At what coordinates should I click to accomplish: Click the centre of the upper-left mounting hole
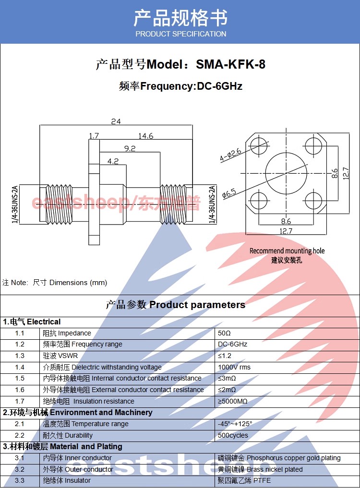click(x=259, y=145)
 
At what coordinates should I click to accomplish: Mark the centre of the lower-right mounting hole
click(x=313, y=200)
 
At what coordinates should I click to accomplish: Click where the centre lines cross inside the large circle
click(x=286, y=173)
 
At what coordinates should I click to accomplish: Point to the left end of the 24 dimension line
click(x=40, y=125)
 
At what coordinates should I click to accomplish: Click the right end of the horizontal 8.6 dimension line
click(x=313, y=225)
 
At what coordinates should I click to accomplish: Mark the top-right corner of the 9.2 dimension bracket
click(x=160, y=152)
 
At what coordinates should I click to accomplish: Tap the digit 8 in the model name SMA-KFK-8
click(x=262, y=64)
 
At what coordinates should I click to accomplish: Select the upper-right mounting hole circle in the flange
click(x=313, y=145)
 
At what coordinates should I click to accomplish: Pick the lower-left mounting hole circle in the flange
click(x=259, y=200)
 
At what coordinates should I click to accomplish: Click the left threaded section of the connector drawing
click(x=59, y=204)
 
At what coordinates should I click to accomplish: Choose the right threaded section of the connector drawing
click(x=172, y=204)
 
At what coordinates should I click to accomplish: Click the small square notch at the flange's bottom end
click(x=94, y=239)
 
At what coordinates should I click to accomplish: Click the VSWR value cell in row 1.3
click(x=225, y=356)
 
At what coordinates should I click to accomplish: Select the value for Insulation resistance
click(x=232, y=401)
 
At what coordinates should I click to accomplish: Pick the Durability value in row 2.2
click(x=233, y=435)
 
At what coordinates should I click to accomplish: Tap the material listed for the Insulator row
click(x=244, y=480)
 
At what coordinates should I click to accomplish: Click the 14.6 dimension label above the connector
click(x=146, y=136)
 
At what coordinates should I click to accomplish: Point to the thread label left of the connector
click(x=15, y=204)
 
